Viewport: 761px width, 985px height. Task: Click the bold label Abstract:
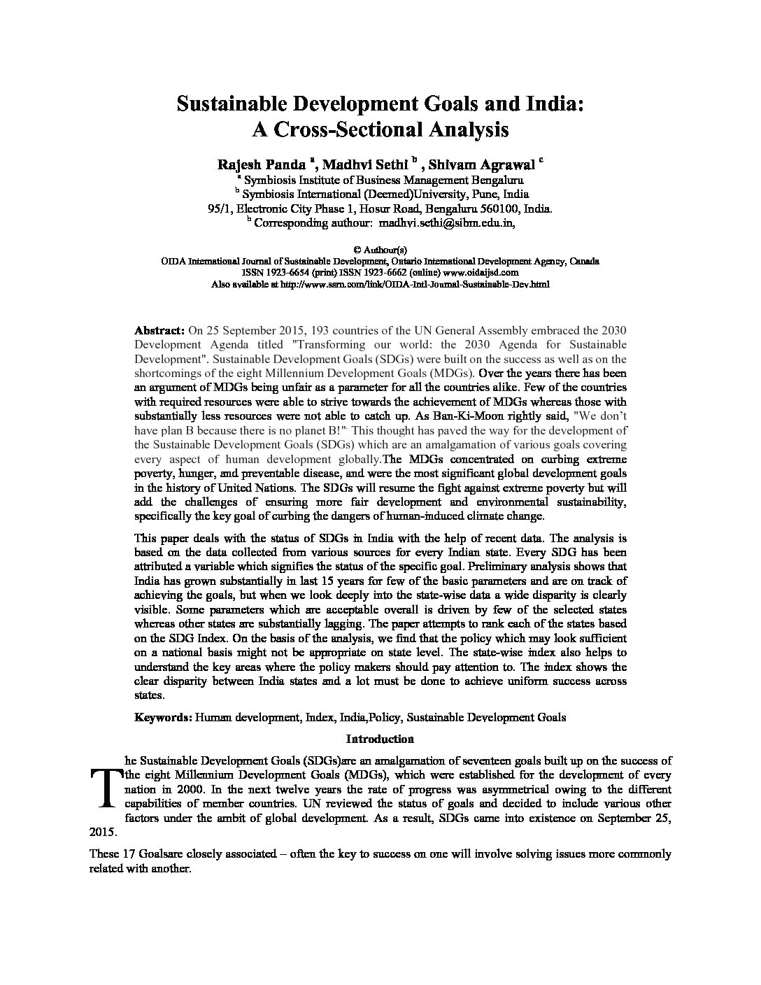click(159, 330)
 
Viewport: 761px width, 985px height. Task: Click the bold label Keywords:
click(163, 717)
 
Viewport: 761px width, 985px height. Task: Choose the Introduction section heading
click(380, 739)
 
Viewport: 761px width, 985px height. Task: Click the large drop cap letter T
click(103, 787)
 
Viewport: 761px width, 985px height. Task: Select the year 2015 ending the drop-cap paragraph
click(103, 833)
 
